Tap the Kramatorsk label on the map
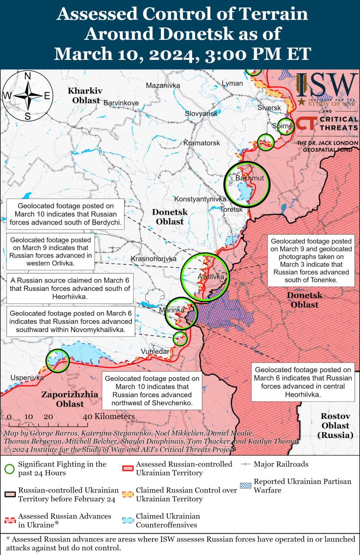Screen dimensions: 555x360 click(201, 143)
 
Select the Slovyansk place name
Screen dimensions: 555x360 click(201, 113)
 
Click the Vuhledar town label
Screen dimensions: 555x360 click(155, 351)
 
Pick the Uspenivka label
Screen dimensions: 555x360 click(27, 378)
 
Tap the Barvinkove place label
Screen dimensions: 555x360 click(121, 103)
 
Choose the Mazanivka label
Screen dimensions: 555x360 click(163, 85)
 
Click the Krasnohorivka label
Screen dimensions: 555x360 click(154, 259)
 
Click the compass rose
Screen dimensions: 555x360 click(27, 95)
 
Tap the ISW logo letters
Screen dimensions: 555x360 click(327, 86)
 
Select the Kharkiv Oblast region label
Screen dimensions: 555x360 click(85, 95)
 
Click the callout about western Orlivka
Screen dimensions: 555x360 click(51, 251)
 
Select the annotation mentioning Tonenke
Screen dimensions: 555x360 click(311, 260)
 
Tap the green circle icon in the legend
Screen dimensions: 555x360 click(10, 469)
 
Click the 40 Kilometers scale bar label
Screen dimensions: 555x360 click(109, 416)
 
